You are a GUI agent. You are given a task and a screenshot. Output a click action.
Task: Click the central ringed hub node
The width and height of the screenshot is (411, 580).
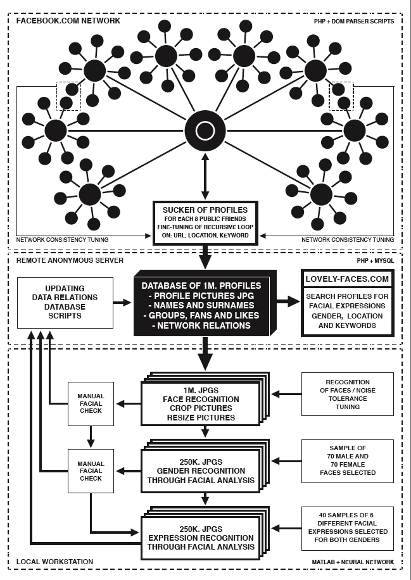pyautogui.click(x=205, y=131)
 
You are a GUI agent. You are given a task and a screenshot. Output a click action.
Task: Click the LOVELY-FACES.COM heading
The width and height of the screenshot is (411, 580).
pyautogui.click(x=347, y=278)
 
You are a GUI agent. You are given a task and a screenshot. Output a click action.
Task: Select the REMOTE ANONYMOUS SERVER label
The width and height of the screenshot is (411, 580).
pyautogui.click(x=62, y=260)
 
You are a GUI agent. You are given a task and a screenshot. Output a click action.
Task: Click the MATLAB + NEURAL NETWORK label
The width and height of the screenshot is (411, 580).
pyautogui.click(x=353, y=562)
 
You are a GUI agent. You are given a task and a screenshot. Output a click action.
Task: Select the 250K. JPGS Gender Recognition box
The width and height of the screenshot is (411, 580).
pyautogui.click(x=201, y=471)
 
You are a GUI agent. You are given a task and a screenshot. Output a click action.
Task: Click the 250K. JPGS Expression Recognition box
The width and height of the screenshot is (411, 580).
pyautogui.click(x=201, y=538)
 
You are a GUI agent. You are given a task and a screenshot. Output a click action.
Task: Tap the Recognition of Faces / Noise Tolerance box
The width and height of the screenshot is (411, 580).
pyautogui.click(x=347, y=394)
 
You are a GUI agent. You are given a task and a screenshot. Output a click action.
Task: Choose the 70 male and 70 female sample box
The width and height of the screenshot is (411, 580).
pyautogui.click(x=347, y=461)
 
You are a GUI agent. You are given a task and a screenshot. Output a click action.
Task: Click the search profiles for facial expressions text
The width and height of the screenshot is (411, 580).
pyautogui.click(x=347, y=310)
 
